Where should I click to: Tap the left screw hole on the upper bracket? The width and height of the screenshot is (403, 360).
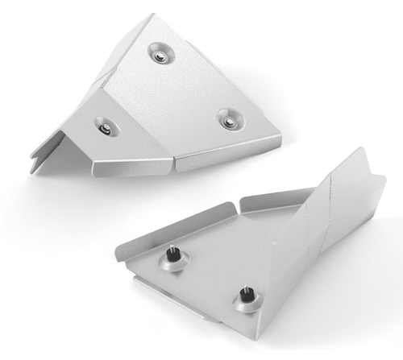pos(104,126)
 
